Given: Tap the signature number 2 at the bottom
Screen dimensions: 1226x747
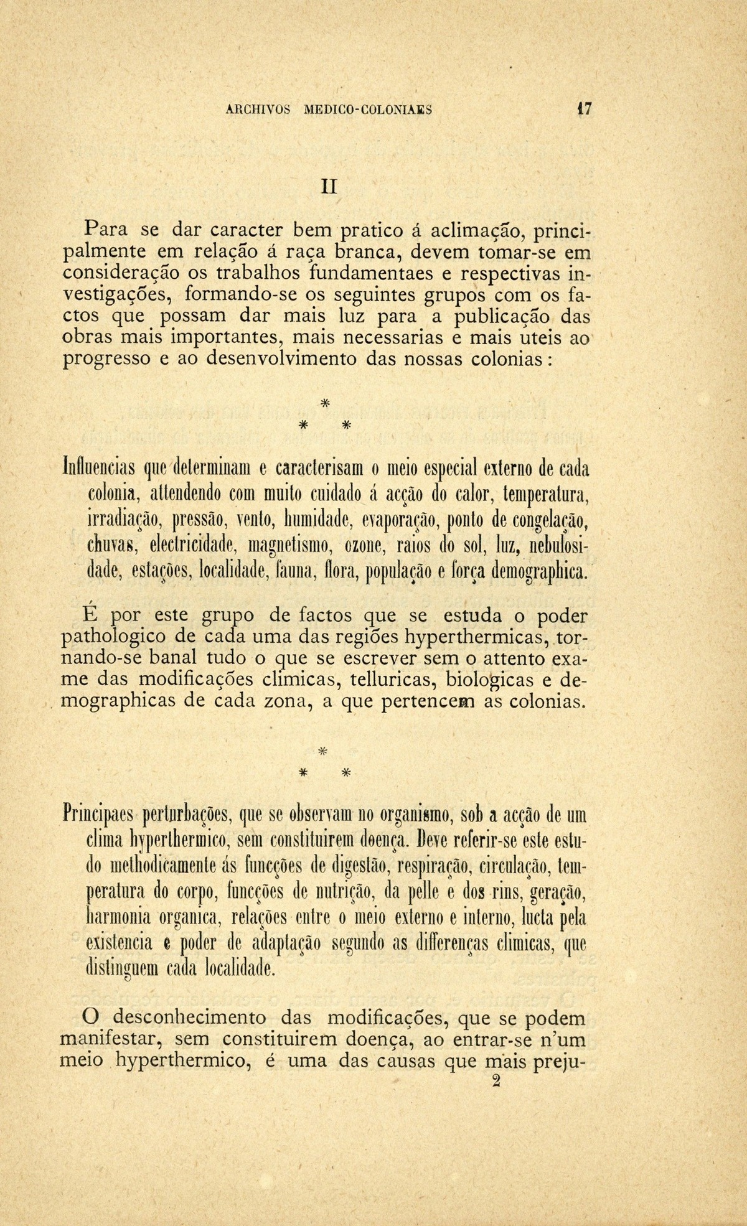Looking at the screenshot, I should pyautogui.click(x=496, y=1082).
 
